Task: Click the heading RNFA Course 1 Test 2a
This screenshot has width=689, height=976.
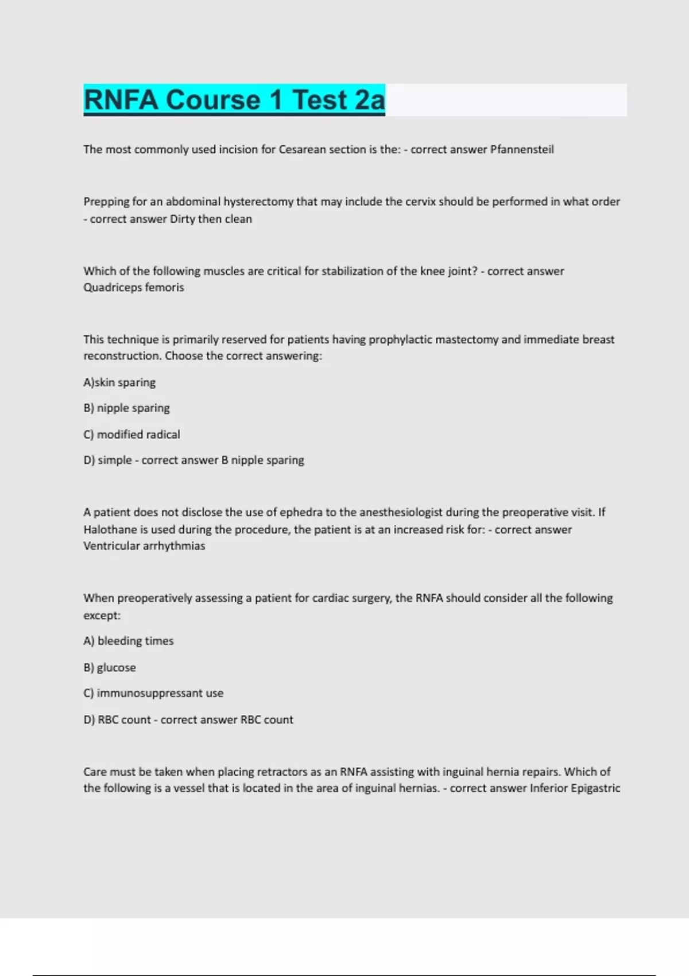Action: tap(234, 100)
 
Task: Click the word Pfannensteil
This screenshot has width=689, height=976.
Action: tap(521, 149)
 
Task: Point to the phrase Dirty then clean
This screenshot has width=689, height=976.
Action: tap(211, 219)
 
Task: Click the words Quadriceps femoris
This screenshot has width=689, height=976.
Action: tap(134, 287)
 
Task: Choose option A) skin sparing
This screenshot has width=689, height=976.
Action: tap(119, 382)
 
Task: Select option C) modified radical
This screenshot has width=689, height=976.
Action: tap(131, 435)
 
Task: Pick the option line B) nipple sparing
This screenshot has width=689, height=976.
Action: tap(126, 408)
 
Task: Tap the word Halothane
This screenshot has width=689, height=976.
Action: tap(109, 529)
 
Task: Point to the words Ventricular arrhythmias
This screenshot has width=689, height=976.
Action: tap(144, 546)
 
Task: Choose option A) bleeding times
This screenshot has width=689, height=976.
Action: tap(128, 641)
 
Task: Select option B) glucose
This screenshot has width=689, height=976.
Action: tap(109, 667)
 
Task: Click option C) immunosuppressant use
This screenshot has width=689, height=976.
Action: tap(153, 693)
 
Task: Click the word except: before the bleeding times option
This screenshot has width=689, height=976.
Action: tap(102, 615)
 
